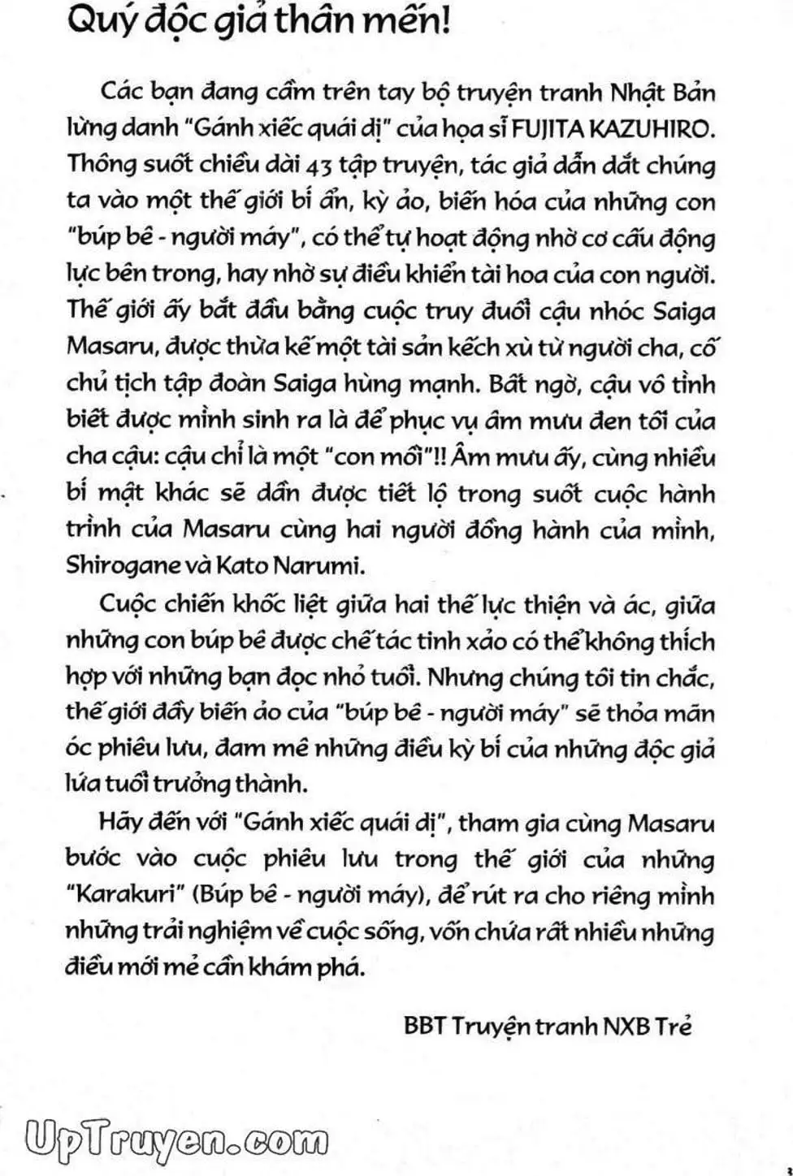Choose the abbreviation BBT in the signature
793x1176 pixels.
[x=424, y=1027]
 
